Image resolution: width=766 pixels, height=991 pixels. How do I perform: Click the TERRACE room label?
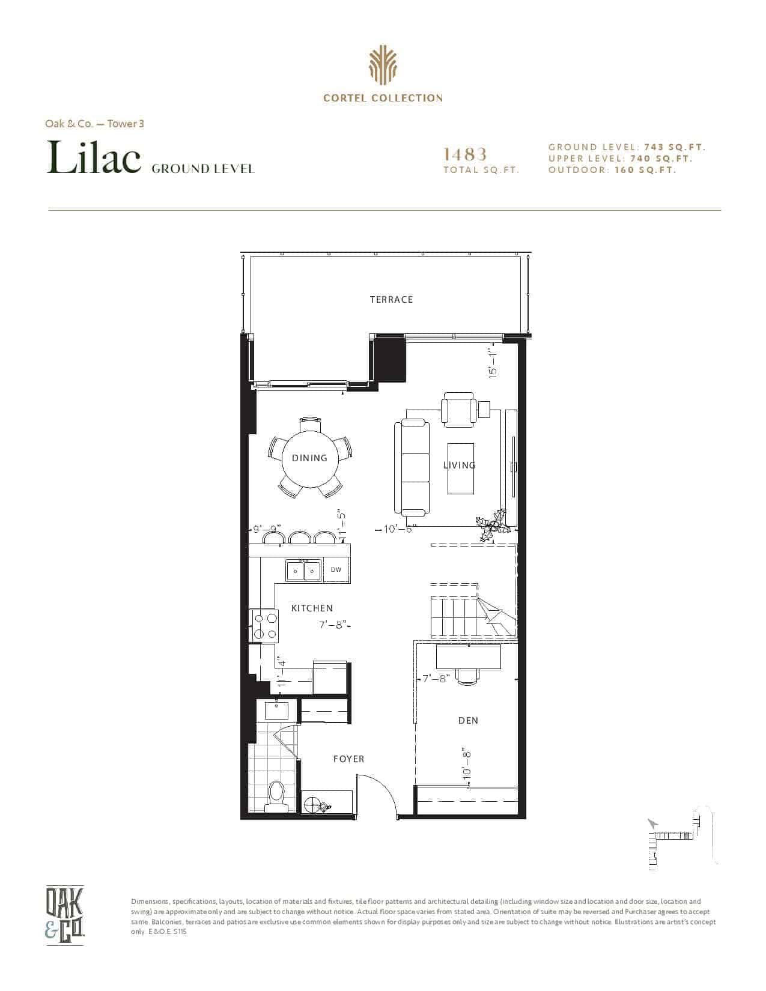391,300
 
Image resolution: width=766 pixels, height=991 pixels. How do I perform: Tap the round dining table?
310,458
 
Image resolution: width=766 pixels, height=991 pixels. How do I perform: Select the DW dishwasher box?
336,569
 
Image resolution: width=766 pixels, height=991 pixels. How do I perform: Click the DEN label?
468,721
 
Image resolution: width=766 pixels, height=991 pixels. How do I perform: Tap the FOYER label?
348,759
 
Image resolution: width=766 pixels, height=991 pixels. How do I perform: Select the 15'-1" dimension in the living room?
491,363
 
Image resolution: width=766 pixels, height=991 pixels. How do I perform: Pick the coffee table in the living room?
460,468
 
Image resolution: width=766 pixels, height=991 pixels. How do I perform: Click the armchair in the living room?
458,410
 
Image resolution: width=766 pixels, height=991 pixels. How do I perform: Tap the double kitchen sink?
304,570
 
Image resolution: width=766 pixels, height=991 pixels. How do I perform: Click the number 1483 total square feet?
466,154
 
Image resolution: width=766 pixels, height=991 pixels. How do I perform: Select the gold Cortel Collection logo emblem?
383,65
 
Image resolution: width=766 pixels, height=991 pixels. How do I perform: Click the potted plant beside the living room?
491,525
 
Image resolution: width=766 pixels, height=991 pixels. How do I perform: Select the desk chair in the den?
468,676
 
